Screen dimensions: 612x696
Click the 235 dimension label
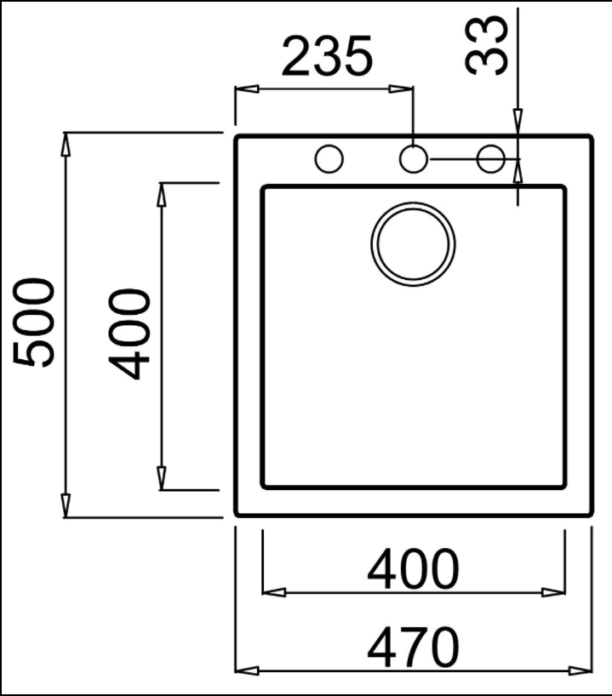327,56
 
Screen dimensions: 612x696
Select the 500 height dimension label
35,322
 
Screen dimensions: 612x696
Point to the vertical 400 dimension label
129,334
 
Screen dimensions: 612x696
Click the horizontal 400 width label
413,569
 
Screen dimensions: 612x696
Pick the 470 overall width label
413,648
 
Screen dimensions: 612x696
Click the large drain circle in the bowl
413,244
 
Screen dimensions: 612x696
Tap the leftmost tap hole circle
329,158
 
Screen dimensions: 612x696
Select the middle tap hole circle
413,158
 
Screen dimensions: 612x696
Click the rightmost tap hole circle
491,158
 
